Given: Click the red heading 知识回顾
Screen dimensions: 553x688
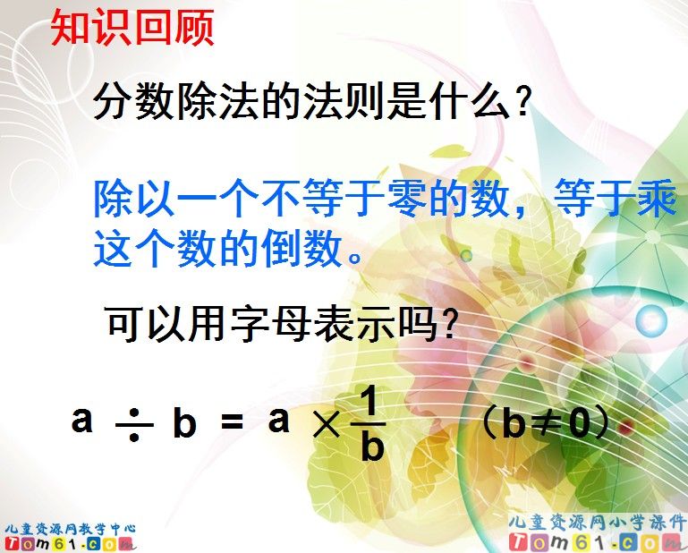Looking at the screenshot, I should [x=132, y=29].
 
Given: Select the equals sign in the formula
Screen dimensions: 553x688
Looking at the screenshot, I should [x=231, y=422].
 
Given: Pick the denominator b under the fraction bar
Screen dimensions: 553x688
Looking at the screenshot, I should [x=372, y=447].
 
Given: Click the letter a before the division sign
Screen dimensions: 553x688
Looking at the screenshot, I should [x=82, y=419].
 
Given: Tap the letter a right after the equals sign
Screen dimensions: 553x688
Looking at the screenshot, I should [x=279, y=419].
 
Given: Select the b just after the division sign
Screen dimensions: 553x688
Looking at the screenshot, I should [x=184, y=424].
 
